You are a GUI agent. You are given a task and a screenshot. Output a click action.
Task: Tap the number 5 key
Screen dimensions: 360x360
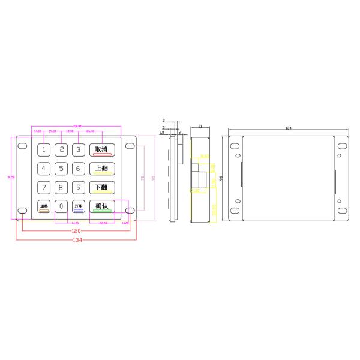(x=61, y=169)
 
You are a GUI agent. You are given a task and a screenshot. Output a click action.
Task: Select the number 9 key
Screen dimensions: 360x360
(x=78, y=187)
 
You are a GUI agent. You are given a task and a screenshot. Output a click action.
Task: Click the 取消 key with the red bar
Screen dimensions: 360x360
(x=102, y=150)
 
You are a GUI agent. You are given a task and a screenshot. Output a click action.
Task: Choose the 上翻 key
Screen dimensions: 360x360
(x=102, y=169)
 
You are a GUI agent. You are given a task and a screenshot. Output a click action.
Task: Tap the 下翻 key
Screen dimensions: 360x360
(x=102, y=187)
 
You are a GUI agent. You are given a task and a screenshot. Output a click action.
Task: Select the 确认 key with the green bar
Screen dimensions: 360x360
(x=102, y=206)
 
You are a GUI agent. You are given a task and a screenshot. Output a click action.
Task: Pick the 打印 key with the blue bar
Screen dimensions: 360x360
(x=78, y=206)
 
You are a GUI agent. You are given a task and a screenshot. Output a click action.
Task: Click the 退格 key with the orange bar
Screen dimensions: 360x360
(x=44, y=206)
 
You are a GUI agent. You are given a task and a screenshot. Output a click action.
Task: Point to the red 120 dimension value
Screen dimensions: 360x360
(x=77, y=230)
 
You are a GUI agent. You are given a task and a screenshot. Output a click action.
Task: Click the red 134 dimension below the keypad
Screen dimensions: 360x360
(x=77, y=239)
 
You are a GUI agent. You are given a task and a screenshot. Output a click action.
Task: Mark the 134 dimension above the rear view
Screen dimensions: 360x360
(x=288, y=128)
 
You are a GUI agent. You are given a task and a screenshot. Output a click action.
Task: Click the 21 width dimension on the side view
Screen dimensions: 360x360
(x=199, y=127)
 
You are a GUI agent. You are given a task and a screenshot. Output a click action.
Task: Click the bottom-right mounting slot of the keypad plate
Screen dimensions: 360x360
(x=131, y=211)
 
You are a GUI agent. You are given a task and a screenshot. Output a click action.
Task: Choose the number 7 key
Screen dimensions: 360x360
(x=44, y=187)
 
